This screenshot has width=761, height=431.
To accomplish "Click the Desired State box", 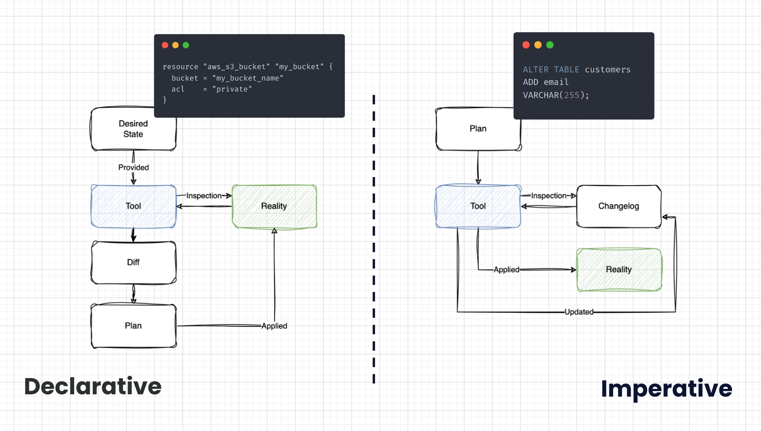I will pyautogui.click(x=133, y=129).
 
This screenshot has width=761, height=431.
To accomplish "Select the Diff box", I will pyautogui.click(x=133, y=263).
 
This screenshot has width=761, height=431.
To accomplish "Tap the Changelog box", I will pyautogui.click(x=618, y=206).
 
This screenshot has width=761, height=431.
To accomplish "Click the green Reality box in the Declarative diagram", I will pyautogui.click(x=274, y=206).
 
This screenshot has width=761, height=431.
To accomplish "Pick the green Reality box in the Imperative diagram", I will pyautogui.click(x=618, y=270).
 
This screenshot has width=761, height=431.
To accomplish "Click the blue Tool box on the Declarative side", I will pyautogui.click(x=133, y=206).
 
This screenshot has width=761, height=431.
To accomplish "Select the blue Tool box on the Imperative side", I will pyautogui.click(x=478, y=206).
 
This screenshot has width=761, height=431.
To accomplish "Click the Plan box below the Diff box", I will pyautogui.click(x=133, y=326).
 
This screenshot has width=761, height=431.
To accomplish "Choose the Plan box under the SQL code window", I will pyautogui.click(x=478, y=129).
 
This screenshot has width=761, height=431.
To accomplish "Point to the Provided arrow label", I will pyautogui.click(x=133, y=168).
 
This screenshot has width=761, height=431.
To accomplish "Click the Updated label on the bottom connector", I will pyautogui.click(x=579, y=312).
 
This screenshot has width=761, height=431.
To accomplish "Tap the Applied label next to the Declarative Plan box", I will pyautogui.click(x=274, y=326).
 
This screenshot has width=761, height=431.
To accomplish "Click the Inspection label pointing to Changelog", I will pyautogui.click(x=548, y=196).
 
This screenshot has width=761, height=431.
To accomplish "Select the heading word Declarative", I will pyautogui.click(x=93, y=387).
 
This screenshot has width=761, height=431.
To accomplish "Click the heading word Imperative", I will pyautogui.click(x=666, y=389).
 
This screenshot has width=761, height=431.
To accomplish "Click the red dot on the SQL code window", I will pyautogui.click(x=526, y=45).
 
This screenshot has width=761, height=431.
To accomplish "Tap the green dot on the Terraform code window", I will pyautogui.click(x=185, y=45).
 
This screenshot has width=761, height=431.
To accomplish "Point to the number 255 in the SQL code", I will pyautogui.click(x=571, y=95).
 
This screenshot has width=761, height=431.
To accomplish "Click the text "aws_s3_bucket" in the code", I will pyautogui.click(x=237, y=67).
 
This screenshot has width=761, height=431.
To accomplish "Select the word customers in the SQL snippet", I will pyautogui.click(x=607, y=70).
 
